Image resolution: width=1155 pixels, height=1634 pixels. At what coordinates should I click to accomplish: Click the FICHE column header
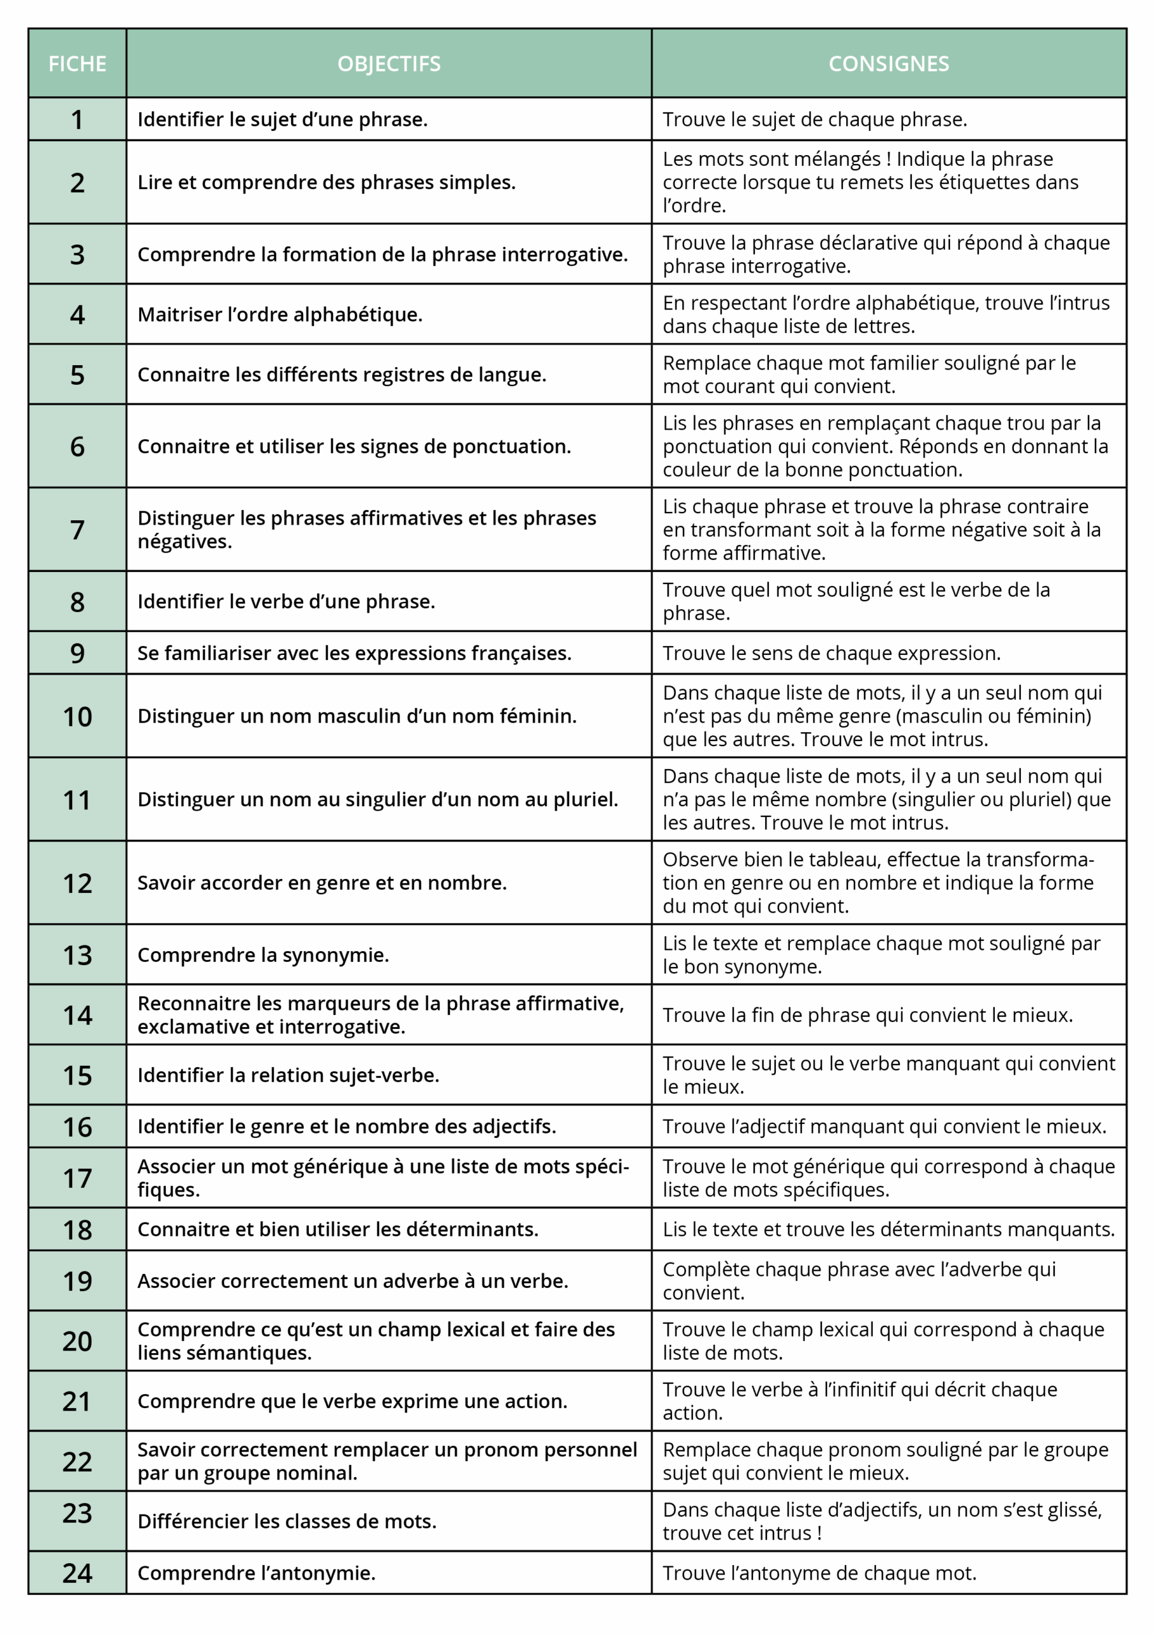(x=77, y=64)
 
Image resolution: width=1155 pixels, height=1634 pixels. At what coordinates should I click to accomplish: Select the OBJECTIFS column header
(x=389, y=64)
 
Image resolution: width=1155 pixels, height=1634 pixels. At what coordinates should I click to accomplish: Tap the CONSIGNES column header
(x=888, y=64)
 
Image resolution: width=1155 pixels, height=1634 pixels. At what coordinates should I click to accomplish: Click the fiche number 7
(x=77, y=530)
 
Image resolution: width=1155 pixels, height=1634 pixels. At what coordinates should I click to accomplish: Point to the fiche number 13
(x=77, y=955)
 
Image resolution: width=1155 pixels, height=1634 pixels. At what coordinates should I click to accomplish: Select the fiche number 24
(x=77, y=1573)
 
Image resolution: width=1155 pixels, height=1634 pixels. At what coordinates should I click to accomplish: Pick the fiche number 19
(x=77, y=1281)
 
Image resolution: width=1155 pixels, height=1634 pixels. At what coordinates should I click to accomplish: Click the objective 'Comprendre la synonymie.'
(x=264, y=955)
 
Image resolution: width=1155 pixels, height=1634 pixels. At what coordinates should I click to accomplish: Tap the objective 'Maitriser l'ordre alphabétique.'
(x=279, y=315)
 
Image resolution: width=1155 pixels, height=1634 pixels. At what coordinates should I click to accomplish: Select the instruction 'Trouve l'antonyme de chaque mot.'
(x=819, y=1573)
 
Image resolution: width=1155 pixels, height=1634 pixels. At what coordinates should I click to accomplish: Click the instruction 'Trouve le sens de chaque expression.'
(x=831, y=654)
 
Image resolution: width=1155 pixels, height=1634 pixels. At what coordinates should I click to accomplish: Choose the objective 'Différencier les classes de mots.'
(x=287, y=1522)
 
